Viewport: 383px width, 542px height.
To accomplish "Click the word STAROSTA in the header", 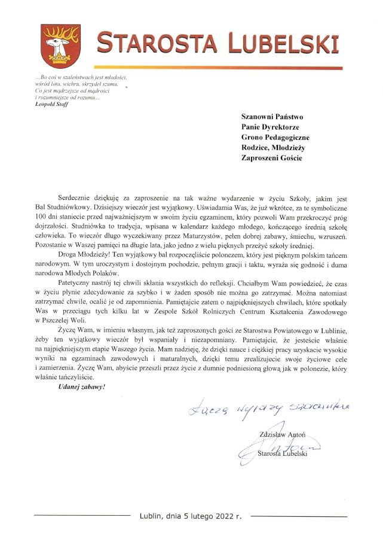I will click(158, 42).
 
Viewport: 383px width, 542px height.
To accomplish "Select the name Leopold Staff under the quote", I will click(52, 104).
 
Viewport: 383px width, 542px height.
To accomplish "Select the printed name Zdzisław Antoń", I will click(281, 434).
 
